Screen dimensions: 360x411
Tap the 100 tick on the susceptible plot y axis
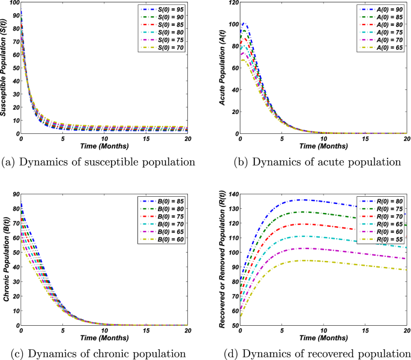pyautogui.click(x=13, y=4)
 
